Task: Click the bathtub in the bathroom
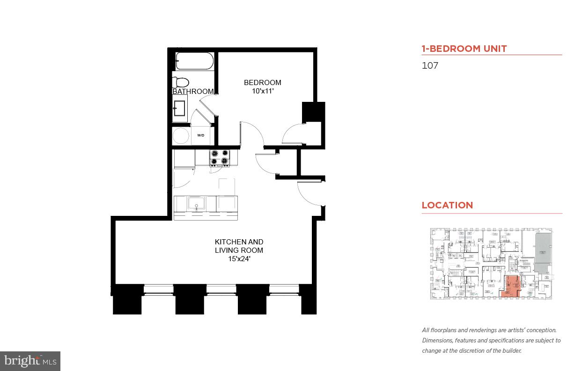coord(194,61)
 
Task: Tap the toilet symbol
coord(179,82)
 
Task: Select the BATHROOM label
coord(193,92)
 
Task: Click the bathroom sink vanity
coord(179,109)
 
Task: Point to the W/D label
coord(200,136)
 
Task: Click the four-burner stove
coord(220,157)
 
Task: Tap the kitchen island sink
coord(196,204)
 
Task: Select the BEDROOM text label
coord(262,83)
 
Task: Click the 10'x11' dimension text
coord(262,91)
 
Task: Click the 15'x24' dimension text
coord(239,258)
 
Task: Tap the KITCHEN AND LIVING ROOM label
coord(239,246)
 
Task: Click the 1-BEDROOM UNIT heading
coord(464,49)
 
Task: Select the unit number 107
coord(430,65)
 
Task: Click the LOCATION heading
coord(447,205)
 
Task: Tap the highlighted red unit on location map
coord(510,287)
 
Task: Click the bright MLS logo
coord(30,361)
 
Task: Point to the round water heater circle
coord(181,136)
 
